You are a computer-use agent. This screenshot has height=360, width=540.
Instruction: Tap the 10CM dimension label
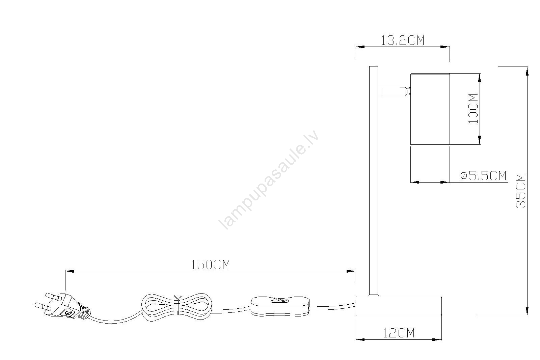click(473, 109)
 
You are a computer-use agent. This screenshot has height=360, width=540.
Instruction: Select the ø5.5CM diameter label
click(483, 176)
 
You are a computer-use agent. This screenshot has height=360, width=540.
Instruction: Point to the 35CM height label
click(521, 191)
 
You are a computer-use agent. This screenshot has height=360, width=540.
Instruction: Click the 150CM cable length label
click(210, 265)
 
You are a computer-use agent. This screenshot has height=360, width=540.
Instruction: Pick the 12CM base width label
click(399, 333)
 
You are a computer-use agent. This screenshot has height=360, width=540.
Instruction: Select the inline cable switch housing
click(280, 306)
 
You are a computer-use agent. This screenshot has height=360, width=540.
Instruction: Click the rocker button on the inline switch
click(280, 300)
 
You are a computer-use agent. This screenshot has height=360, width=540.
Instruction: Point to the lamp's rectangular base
click(399, 306)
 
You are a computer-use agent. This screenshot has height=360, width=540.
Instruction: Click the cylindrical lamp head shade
click(430, 109)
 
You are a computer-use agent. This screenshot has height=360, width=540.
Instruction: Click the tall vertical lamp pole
click(374, 181)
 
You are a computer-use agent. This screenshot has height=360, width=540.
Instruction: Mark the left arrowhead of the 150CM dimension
click(70, 271)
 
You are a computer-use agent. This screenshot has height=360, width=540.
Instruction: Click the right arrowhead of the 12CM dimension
click(437, 340)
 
